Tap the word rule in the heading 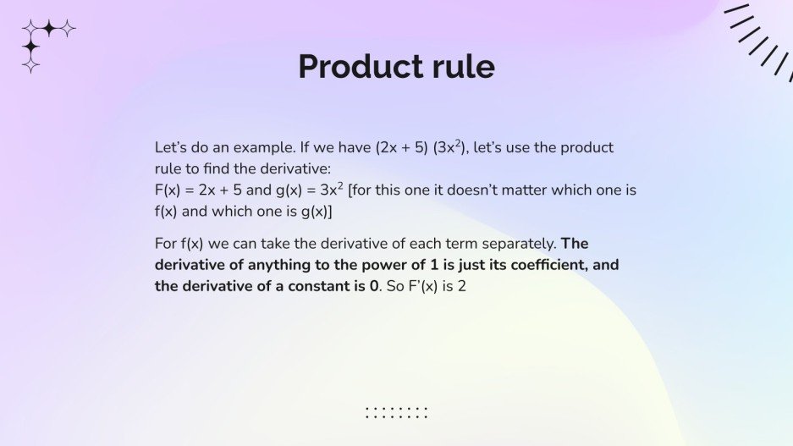[461, 66]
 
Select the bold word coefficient [531, 265]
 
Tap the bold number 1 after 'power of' [415, 265]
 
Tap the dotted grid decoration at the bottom [396, 412]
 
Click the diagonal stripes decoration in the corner [758, 36]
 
